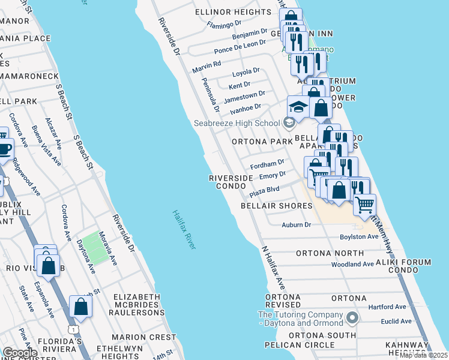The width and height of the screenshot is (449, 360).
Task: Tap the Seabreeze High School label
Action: [237, 124]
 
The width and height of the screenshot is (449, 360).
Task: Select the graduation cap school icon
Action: [298, 107]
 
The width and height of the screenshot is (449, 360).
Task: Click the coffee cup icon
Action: [4, 149]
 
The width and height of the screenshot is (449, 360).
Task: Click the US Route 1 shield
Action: [73, 329]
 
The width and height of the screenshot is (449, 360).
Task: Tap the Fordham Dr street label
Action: [267, 163]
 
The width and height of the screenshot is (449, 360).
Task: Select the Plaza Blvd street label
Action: [265, 190]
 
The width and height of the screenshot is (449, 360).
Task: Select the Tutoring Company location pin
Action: [353, 316]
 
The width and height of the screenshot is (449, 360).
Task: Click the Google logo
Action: [20, 353]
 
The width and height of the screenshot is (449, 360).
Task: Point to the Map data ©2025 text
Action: [423, 355]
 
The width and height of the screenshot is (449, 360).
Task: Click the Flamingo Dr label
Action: [223, 25]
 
